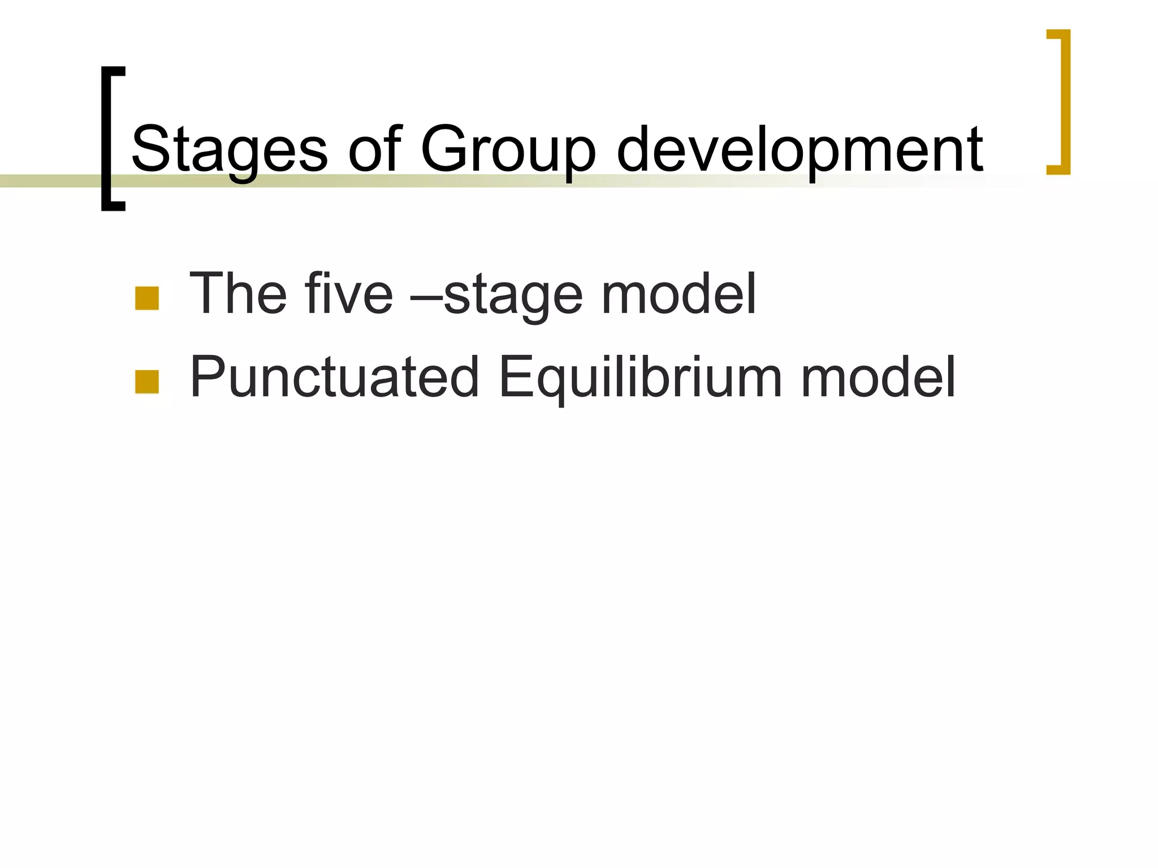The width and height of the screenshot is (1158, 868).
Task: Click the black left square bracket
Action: point(106,138)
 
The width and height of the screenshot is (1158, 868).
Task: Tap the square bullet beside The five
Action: point(147,298)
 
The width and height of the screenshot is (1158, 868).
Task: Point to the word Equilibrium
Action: point(641,377)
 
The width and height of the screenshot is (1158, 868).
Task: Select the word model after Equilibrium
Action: point(878,377)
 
